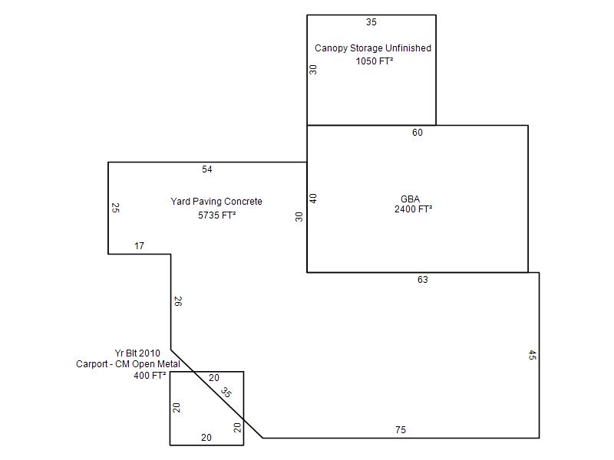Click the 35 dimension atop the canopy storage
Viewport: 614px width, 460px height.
[x=371, y=22]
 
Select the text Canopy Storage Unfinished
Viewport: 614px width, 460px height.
[x=373, y=48]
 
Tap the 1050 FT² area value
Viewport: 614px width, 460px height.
[x=374, y=61]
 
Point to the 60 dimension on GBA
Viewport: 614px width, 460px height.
[x=417, y=133]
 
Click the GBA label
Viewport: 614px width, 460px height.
[x=410, y=199]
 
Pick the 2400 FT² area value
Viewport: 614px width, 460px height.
[x=413, y=209]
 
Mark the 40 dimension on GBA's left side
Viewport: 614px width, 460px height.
[x=313, y=199]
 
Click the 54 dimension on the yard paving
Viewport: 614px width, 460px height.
[x=206, y=169]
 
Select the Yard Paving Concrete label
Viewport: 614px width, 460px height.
[x=216, y=202]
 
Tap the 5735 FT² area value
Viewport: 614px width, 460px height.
[x=216, y=215]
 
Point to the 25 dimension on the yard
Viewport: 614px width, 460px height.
[x=116, y=208]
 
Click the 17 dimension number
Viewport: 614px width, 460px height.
[x=139, y=246]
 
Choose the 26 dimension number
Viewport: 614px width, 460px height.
[x=178, y=301]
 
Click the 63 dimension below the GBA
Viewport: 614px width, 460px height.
[x=423, y=280]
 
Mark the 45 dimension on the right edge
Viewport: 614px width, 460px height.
[x=532, y=355]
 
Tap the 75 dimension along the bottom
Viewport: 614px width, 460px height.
[x=400, y=430]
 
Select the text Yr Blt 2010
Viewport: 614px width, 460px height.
[x=137, y=353]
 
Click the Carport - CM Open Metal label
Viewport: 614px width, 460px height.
[x=128, y=364]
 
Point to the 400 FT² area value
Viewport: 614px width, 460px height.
[x=150, y=376]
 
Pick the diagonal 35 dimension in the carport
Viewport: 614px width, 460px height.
[x=226, y=392]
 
